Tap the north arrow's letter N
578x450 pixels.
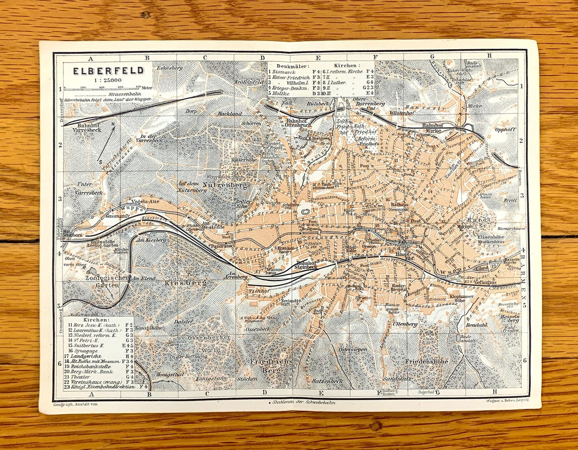coord(113,125)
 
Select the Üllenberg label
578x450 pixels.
coord(405,324)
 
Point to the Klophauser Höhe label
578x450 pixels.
coord(461,298)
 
